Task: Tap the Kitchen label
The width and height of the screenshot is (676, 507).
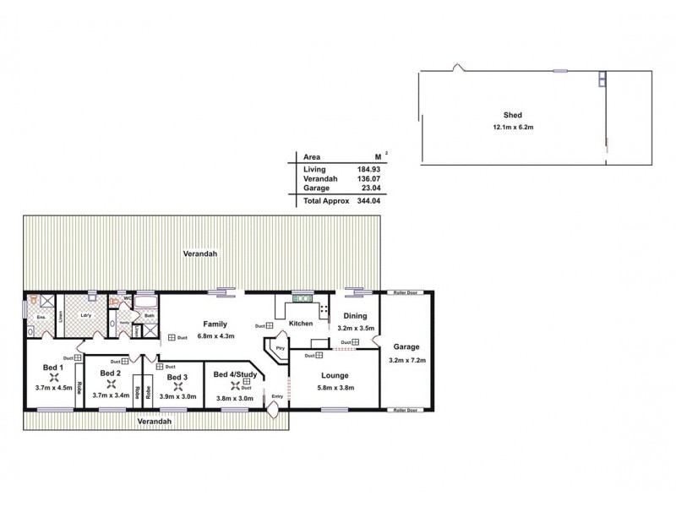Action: pyautogui.click(x=301, y=324)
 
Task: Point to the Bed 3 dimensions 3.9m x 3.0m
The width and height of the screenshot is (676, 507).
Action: pyautogui.click(x=177, y=397)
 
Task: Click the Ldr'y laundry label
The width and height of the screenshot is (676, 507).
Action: pyautogui.click(x=85, y=316)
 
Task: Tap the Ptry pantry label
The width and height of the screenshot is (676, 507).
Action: pyautogui.click(x=280, y=348)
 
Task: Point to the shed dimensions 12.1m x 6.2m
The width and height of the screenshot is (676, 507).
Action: pyautogui.click(x=512, y=127)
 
